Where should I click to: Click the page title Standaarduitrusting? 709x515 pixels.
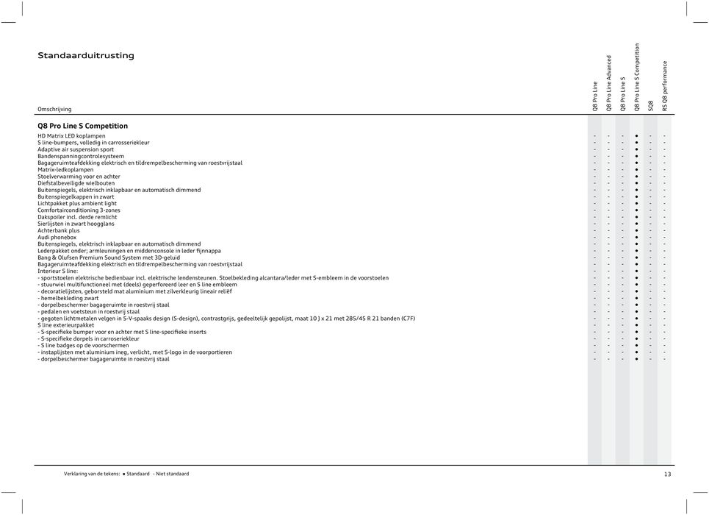[86, 56]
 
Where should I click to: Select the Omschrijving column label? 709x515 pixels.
[55, 109]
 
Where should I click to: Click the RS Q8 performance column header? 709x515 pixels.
[665, 86]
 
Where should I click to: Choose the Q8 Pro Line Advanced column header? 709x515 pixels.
[609, 82]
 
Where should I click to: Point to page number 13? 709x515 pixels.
[667, 475]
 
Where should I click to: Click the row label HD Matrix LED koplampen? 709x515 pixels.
[71, 136]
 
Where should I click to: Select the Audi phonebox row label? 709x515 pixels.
[57, 237]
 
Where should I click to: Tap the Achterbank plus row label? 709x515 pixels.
[59, 230]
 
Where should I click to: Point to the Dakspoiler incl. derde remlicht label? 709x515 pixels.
[77, 217]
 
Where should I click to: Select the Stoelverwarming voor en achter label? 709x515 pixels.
[79, 177]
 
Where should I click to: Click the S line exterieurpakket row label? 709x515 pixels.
[66, 324]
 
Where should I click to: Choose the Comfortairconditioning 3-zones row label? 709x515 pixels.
[79, 210]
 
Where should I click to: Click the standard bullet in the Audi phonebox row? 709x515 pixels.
[636, 237]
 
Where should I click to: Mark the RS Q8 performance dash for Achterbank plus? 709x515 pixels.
[665, 230]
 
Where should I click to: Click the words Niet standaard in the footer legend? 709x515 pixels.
[172, 475]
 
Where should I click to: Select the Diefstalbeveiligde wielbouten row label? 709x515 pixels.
[76, 183]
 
